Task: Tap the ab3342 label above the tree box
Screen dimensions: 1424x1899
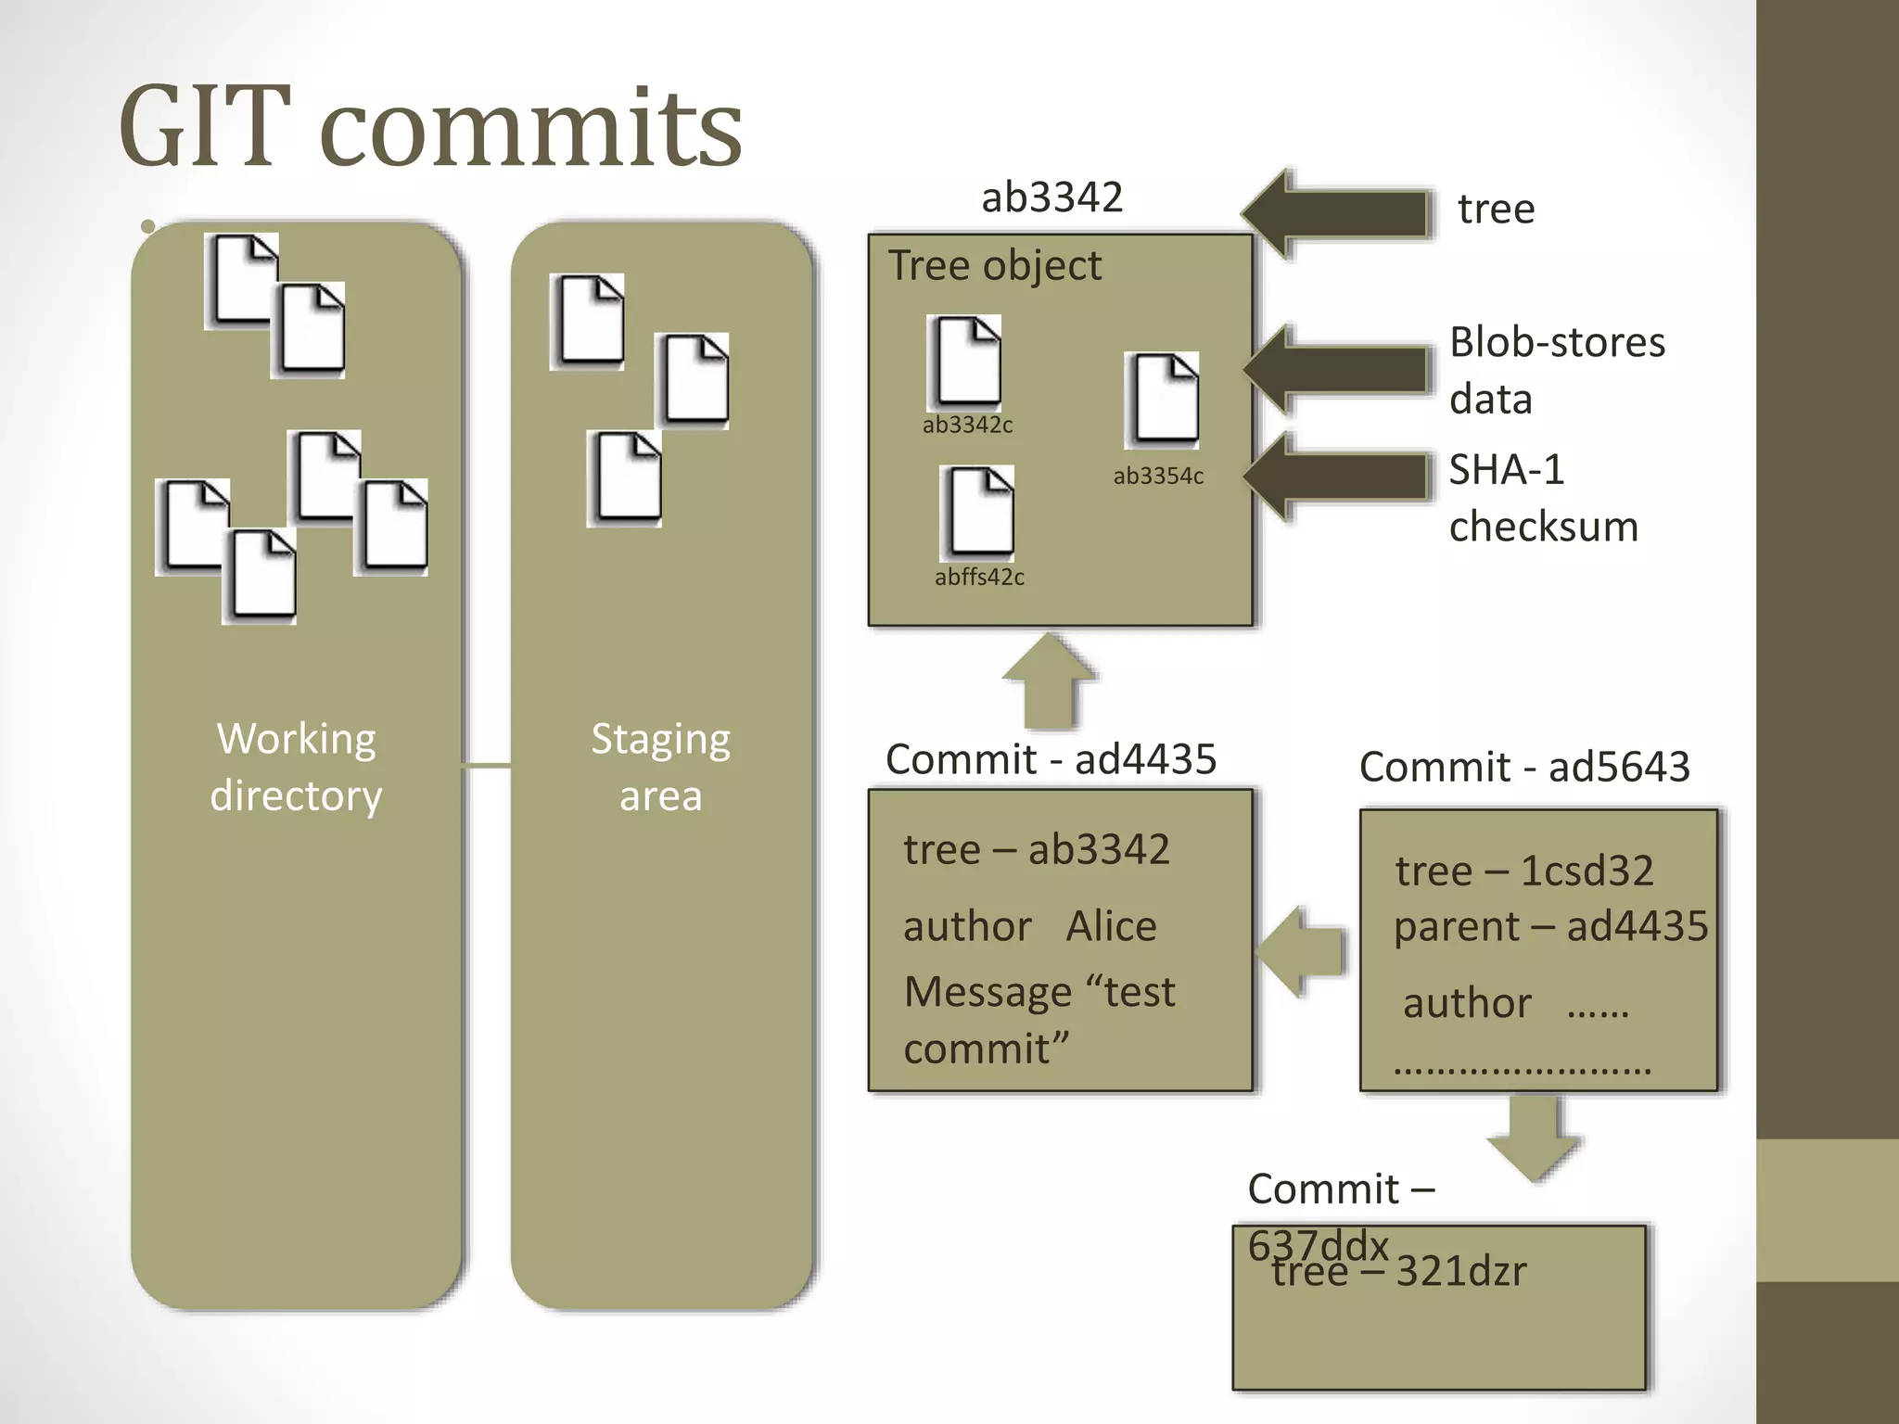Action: (1051, 197)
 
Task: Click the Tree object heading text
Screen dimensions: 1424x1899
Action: (995, 265)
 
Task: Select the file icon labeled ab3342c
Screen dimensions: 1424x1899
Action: (965, 362)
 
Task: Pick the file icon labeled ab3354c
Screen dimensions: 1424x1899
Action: (1163, 400)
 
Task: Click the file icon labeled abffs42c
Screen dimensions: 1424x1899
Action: (978, 513)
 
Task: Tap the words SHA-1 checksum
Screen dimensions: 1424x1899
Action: (1543, 498)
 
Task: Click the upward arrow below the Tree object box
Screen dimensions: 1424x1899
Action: (1050, 682)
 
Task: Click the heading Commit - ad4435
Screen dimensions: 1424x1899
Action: (1051, 759)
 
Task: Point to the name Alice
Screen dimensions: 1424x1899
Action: (1111, 926)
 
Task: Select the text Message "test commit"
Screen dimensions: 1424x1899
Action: (1039, 1020)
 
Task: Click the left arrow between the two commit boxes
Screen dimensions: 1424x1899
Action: (1301, 951)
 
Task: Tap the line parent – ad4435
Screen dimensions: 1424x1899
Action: (1550, 926)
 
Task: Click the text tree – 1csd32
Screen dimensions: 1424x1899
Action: (1523, 871)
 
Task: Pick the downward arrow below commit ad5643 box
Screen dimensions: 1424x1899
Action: (1534, 1138)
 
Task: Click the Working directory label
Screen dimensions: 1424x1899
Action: (296, 767)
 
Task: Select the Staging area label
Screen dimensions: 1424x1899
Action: (660, 767)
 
